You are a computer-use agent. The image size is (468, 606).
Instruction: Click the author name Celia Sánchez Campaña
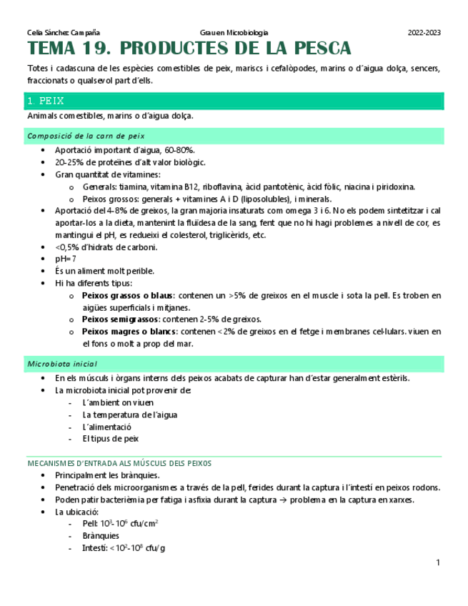(63, 33)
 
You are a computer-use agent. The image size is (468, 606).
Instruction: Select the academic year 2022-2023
(424, 33)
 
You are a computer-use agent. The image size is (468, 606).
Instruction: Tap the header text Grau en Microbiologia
(234, 33)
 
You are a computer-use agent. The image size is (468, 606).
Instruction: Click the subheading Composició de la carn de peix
(86, 135)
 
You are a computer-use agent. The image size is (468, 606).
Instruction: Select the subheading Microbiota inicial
(61, 364)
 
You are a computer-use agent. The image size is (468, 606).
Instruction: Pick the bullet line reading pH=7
(66, 259)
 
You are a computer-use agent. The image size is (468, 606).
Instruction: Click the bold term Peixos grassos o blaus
(127, 295)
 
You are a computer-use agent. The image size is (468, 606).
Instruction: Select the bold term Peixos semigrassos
(119, 319)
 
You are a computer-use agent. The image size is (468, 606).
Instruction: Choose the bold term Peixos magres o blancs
(129, 332)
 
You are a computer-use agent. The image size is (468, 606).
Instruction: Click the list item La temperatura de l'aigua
(130, 414)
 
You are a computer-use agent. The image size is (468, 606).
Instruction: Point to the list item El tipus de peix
(111, 439)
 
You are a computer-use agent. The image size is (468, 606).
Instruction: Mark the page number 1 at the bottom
(438, 564)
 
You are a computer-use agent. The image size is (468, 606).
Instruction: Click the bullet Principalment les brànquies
(107, 475)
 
